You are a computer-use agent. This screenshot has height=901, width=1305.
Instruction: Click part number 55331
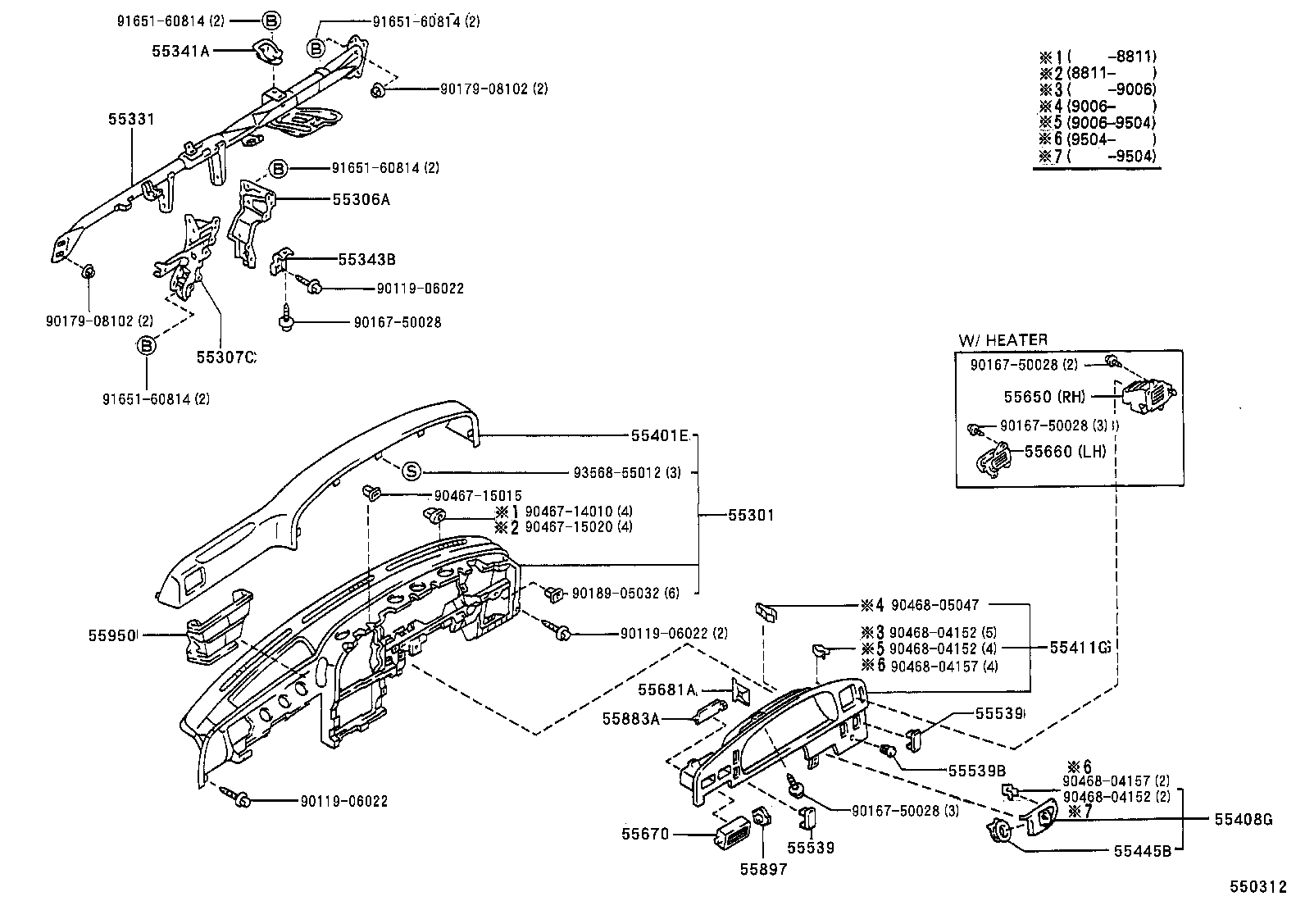(131, 120)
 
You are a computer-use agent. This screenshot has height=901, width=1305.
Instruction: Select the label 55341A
(180, 51)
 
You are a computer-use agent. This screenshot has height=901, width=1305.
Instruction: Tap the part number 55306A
(361, 199)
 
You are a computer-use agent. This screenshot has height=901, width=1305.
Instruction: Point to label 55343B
(366, 259)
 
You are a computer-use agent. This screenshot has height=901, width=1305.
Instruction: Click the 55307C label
(226, 357)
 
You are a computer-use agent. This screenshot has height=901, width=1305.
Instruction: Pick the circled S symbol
(412, 471)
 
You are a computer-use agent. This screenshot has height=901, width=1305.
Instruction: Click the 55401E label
(659, 435)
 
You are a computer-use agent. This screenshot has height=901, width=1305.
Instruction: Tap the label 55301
(751, 515)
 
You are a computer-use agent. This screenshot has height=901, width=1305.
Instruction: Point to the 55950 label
(112, 635)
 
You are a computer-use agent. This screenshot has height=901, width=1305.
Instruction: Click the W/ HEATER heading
(1003, 340)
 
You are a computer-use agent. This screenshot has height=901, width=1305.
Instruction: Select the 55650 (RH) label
(1044, 397)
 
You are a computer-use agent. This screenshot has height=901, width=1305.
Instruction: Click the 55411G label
(1080, 647)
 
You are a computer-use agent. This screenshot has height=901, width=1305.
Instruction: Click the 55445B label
(1147, 851)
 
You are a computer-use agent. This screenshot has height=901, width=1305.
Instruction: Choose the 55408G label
(1243, 818)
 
